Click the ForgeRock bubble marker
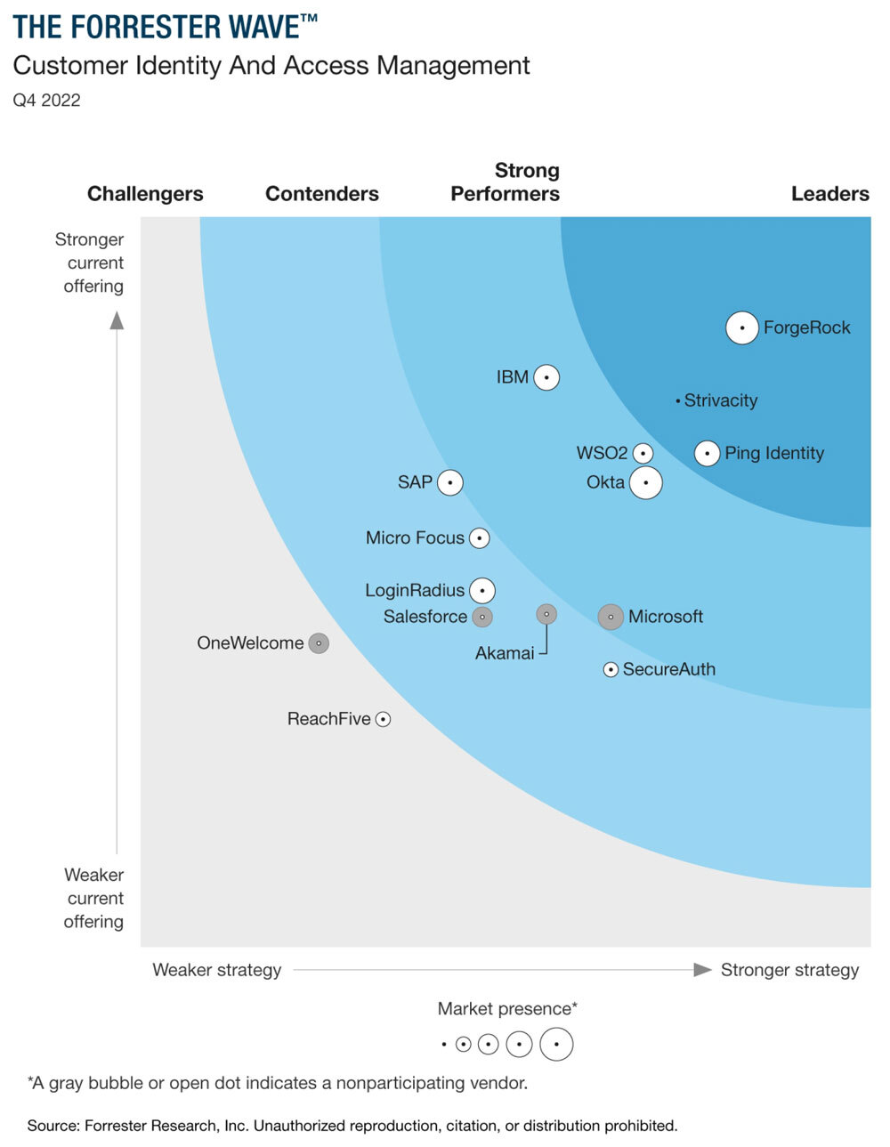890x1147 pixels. pos(741,328)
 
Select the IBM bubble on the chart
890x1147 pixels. pos(546,378)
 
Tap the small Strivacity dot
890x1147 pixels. pos(678,401)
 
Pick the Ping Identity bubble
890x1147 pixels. pos(707,454)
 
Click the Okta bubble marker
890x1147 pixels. pos(646,483)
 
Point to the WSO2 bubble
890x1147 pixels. pos(643,454)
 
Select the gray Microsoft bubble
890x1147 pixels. pos(611,617)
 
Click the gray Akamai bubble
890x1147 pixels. pos(546,614)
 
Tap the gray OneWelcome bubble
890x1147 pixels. pos(319,643)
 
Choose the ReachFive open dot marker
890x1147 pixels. pos(383,719)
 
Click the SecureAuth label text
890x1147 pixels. pos(668,669)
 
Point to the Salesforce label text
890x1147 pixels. pos(425,617)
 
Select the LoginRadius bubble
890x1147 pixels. pos(482,590)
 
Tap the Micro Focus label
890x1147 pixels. pos(415,538)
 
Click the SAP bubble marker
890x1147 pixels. pos(450,482)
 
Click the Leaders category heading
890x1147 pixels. pos(829,194)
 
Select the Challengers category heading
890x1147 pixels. pos(145,194)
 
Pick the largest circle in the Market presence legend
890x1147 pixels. pos(556,1044)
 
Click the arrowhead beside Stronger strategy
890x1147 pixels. pos(702,970)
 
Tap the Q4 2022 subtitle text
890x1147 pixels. pos(46,101)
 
